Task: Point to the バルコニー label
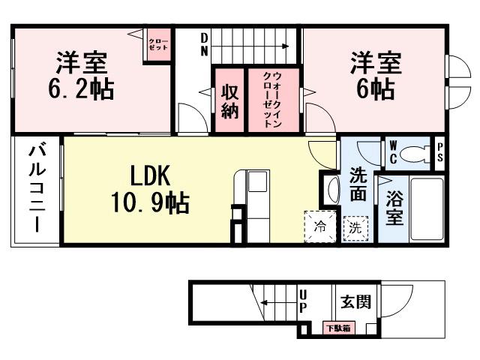[36, 190]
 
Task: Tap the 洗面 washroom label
[358, 184]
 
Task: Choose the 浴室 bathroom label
[394, 208]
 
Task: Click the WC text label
[391, 153]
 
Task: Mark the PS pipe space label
[440, 153]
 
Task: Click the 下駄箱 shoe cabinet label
[333, 328]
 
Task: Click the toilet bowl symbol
[413, 154]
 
